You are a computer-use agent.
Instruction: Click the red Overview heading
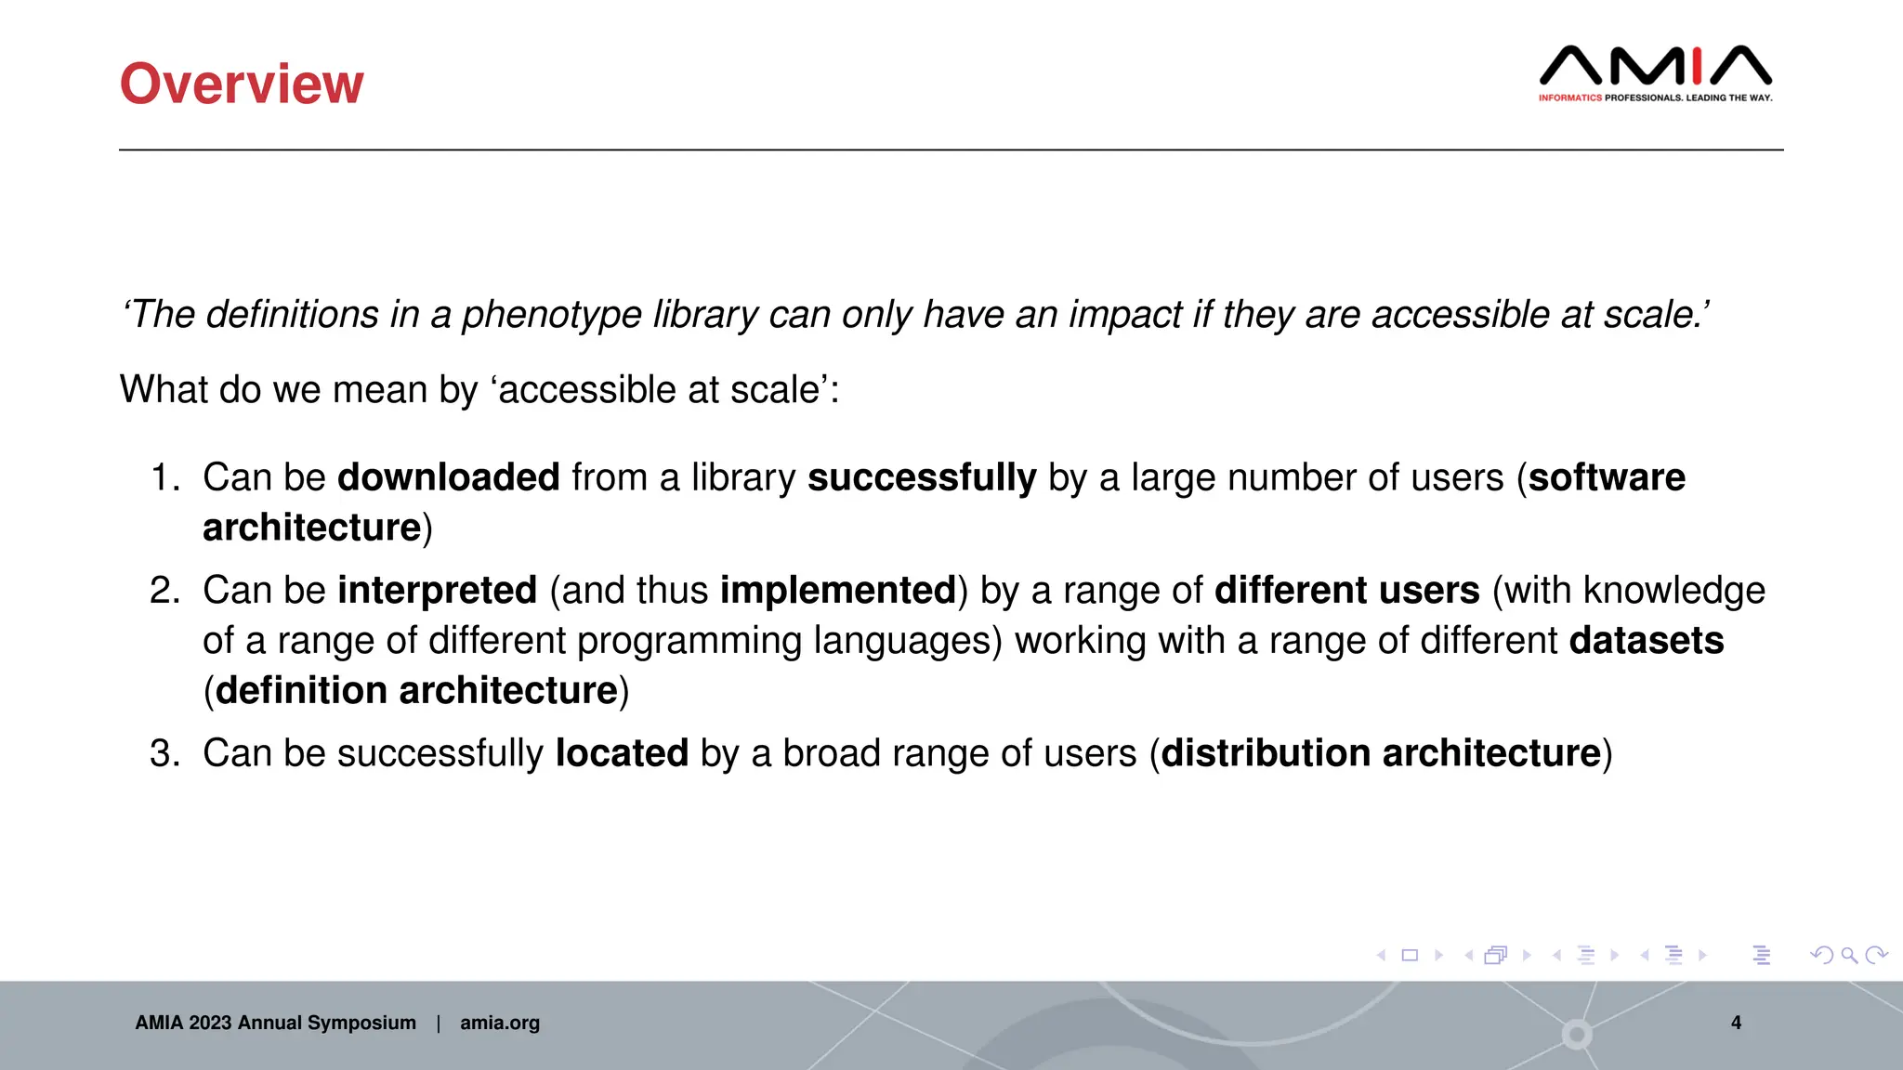coord(242,84)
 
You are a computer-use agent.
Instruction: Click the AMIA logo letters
coord(1655,66)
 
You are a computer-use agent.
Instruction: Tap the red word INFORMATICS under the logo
coord(1569,98)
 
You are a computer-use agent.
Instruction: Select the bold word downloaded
coord(448,477)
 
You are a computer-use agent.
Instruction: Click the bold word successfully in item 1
coord(921,477)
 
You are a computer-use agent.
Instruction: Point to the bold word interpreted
coord(437,591)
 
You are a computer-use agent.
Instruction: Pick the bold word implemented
coord(838,591)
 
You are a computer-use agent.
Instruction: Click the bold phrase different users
coord(1346,591)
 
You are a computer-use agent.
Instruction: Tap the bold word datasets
coord(1646,641)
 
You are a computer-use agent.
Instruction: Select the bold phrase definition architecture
coord(416,691)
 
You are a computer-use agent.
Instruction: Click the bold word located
coord(622,753)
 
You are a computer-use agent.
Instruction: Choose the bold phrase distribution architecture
coord(1381,753)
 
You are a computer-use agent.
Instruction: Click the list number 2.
coord(164,591)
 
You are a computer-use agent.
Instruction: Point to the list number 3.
coord(164,753)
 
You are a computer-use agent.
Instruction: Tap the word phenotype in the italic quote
coord(551,315)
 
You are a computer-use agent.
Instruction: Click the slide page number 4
coord(1736,1023)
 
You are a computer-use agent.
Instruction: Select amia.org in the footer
coord(499,1023)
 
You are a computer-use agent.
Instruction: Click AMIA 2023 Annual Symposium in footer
coord(275,1023)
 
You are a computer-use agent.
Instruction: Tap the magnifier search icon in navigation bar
coord(1849,955)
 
